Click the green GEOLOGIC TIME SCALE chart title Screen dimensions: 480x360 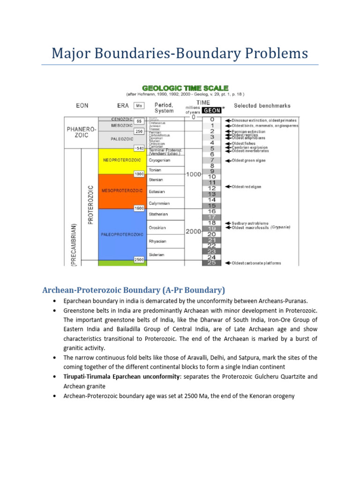click(x=185, y=88)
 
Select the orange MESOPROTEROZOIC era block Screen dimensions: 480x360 click(x=121, y=191)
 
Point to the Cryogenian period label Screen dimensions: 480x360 click(x=159, y=160)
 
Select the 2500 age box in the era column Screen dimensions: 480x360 click(x=139, y=260)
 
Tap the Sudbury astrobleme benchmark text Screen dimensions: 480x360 click(x=251, y=223)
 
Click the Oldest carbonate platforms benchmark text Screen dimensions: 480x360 click(x=256, y=263)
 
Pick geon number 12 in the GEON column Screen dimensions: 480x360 click(x=211, y=188)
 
